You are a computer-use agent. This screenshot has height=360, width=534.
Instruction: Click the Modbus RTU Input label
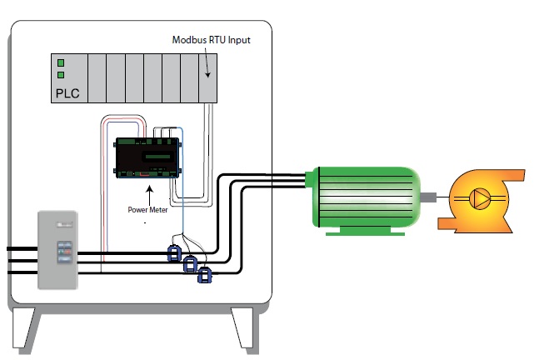pos(211,40)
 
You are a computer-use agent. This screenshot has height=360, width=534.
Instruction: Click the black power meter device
pos(147,157)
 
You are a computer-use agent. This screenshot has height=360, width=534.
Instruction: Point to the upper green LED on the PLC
pos(60,62)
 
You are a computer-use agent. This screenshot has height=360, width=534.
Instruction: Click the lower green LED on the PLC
pos(60,76)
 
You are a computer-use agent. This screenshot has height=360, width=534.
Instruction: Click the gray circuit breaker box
pos(57,249)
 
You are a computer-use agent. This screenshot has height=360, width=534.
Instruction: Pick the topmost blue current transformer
pos(175,252)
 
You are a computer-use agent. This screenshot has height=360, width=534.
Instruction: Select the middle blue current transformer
pos(190,264)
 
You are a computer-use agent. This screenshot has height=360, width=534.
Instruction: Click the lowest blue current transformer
pos(204,275)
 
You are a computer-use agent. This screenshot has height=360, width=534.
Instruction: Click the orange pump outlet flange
pos(517,177)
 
